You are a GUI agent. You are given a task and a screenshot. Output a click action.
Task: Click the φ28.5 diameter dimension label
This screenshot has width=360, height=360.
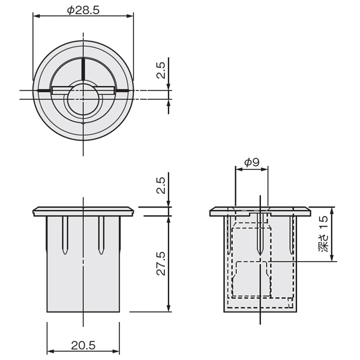point(83,10)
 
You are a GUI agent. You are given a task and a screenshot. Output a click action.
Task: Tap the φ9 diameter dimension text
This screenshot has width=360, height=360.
point(251,163)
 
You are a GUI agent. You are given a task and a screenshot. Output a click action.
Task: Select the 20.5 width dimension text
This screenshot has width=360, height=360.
point(83,345)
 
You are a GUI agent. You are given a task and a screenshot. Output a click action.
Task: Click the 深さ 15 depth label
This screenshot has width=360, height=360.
point(323,234)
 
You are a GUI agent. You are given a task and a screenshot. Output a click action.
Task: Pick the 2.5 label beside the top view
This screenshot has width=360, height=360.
point(161,70)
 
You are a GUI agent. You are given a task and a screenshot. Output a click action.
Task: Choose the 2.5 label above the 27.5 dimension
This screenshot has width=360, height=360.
point(161,185)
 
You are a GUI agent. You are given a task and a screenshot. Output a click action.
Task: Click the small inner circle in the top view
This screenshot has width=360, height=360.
point(84,99)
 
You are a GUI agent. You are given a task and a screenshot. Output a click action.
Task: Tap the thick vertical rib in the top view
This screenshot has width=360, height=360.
point(83,68)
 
